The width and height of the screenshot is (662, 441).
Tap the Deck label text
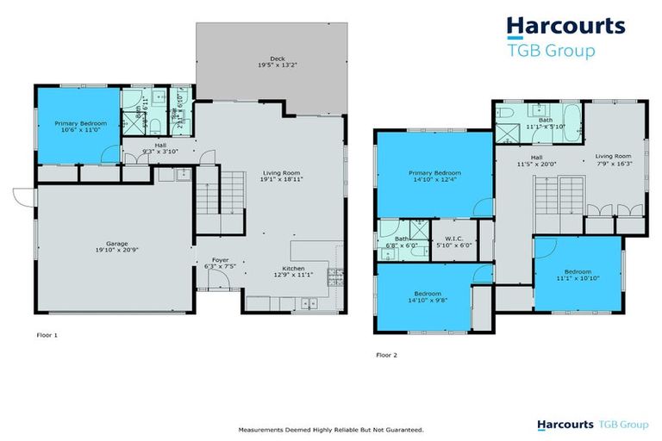point(270,60)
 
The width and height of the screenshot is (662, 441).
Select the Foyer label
point(212,260)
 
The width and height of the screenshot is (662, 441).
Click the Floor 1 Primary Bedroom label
point(81,124)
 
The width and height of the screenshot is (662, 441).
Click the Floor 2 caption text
point(387,354)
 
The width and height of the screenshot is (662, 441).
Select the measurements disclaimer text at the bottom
point(331,429)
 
